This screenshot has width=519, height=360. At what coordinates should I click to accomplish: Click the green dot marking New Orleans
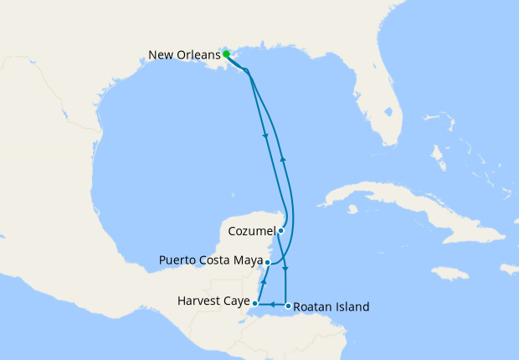pyautogui.click(x=226, y=54)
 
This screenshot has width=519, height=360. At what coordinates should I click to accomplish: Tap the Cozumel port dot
pyautogui.click(x=281, y=230)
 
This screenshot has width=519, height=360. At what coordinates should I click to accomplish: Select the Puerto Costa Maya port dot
pyautogui.click(x=267, y=262)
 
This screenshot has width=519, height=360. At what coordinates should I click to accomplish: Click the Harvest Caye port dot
pyautogui.click(x=255, y=303)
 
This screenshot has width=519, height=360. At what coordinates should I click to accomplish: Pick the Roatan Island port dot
pyautogui.click(x=287, y=306)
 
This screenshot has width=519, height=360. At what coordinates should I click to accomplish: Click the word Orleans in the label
pyautogui.click(x=200, y=55)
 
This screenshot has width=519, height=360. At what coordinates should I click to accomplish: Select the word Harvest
pyautogui.click(x=198, y=301)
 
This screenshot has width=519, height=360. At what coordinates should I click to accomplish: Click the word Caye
pyautogui.click(x=236, y=301)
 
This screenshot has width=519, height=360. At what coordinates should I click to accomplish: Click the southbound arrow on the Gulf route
pyautogui.click(x=265, y=137)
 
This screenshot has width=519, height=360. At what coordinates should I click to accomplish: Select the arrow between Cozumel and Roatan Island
pyautogui.click(x=286, y=270)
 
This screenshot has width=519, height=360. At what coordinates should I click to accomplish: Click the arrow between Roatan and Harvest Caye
pyautogui.click(x=271, y=306)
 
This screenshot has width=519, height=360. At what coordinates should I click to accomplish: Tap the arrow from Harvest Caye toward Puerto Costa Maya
pyautogui.click(x=263, y=284)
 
